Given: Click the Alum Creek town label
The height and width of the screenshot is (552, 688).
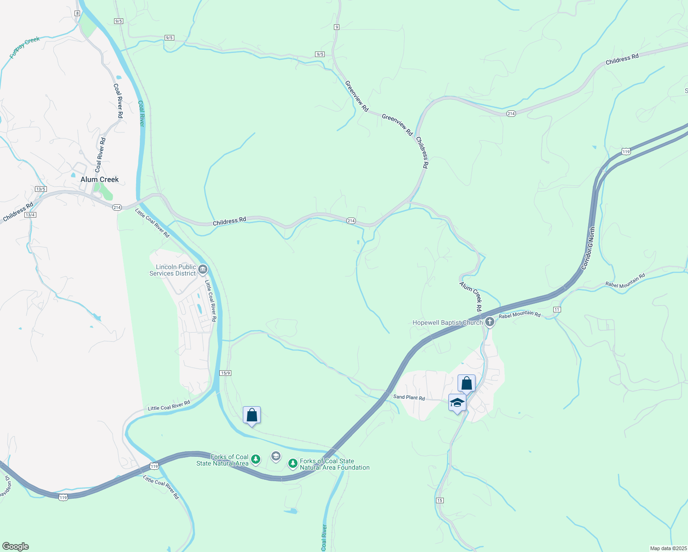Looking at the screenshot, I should (99, 179).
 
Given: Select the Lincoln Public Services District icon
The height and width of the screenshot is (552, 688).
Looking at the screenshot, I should (203, 269).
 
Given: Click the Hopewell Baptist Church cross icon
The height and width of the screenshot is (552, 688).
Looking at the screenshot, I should (490, 322).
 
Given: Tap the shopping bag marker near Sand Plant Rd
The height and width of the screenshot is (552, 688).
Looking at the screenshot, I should (466, 383).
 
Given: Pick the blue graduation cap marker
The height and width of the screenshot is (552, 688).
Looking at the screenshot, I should (457, 402).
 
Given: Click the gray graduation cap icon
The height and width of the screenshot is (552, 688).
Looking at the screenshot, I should (276, 456).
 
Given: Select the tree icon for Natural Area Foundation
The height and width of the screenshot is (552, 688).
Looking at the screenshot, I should (293, 463).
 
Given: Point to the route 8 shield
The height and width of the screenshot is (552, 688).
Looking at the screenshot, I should (77, 13).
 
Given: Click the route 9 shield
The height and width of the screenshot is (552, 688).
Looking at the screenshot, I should (337, 27).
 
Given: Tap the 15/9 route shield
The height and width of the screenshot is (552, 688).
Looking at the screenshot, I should (225, 373).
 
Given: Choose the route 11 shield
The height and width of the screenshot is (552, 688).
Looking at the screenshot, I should (557, 310).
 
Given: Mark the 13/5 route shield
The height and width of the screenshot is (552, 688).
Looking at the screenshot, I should (40, 189).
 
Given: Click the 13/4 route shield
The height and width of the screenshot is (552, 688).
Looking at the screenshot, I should (30, 215).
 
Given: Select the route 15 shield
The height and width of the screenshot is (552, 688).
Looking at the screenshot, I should (440, 500).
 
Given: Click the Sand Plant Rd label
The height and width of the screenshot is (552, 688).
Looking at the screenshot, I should (409, 397).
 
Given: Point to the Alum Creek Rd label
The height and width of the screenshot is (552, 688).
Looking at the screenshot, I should (471, 296).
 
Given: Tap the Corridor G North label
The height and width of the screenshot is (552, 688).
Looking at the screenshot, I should (588, 248).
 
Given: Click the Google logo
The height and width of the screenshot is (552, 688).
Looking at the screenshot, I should (15, 546).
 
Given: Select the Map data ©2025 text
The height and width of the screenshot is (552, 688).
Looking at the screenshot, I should (668, 548).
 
